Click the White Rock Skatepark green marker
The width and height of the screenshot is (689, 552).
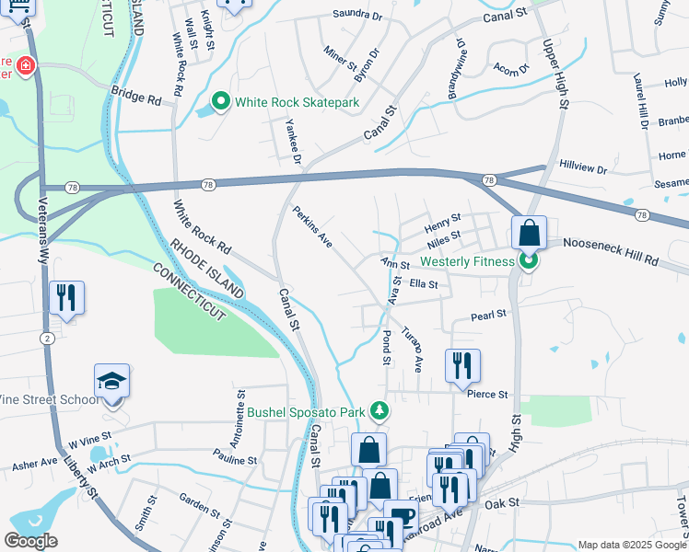coord(221,102)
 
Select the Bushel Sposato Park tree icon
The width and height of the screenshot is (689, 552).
coord(377,409)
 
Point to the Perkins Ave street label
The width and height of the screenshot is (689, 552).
coord(312,226)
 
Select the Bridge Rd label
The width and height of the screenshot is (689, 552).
coord(136,94)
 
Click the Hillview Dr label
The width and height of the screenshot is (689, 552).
coord(583,169)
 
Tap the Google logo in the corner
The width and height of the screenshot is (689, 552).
coord(30,541)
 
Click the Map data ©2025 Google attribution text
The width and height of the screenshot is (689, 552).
coord(632,545)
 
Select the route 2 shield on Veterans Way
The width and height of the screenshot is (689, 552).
coord(46,339)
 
